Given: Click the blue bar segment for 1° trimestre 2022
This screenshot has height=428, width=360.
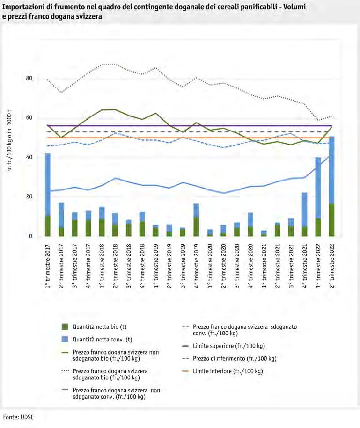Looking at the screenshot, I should point(318,188).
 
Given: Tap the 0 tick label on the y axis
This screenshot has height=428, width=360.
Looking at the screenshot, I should point(30,236).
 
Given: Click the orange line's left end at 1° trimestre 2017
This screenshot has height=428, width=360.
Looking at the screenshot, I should point(47,138).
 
